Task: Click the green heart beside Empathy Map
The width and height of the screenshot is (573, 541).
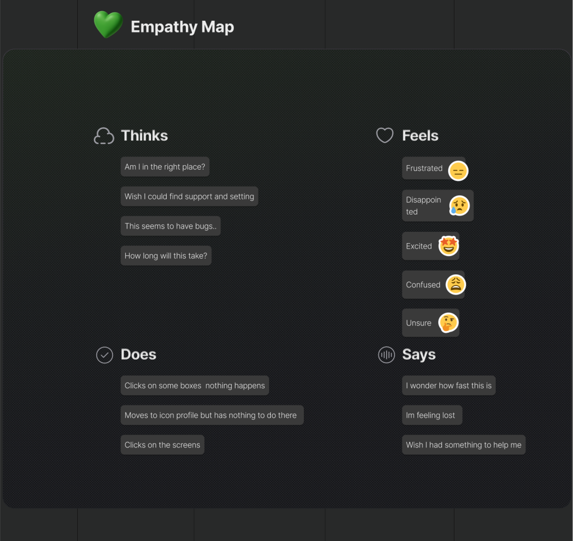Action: point(108,25)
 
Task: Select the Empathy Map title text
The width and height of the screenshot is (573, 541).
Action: point(182,27)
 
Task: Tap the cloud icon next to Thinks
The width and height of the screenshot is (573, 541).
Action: point(104,136)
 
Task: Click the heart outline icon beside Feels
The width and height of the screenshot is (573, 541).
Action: point(384,136)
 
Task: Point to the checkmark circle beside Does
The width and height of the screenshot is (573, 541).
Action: point(105,355)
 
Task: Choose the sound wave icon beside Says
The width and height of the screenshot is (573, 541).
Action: point(386,355)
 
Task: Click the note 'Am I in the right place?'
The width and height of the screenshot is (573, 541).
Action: point(165,167)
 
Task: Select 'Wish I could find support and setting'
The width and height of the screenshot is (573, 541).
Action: point(189,197)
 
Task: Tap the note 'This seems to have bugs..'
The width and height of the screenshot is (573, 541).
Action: point(170,226)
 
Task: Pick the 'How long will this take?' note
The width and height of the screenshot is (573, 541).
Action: point(166,256)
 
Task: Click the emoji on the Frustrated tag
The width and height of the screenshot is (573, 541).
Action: point(458,170)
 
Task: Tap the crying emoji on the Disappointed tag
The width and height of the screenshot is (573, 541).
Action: point(459,206)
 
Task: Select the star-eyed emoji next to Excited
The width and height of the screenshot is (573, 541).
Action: point(449,246)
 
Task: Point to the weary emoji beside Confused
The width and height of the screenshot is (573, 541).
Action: point(455,285)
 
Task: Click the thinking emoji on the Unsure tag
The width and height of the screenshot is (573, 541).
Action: point(448,323)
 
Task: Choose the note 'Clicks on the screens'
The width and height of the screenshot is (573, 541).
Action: point(162,445)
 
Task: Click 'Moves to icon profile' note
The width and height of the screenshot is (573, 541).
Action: point(212,416)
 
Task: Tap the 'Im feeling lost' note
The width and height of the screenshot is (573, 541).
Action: point(431,416)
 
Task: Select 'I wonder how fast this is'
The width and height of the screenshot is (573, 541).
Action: point(449,386)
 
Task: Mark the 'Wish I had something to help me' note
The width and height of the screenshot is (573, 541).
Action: point(463,445)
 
